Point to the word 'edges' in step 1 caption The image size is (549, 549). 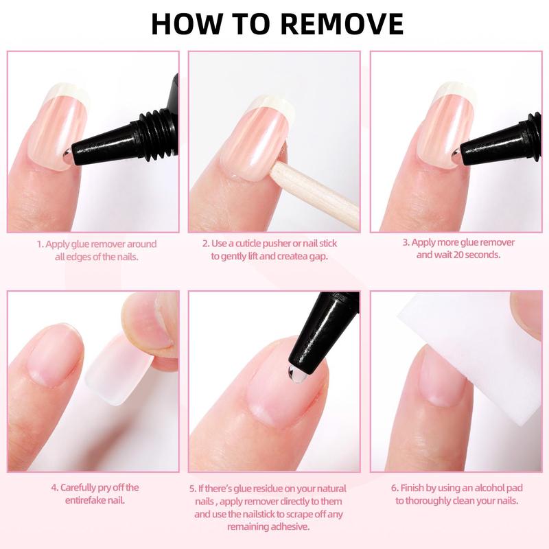84,256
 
